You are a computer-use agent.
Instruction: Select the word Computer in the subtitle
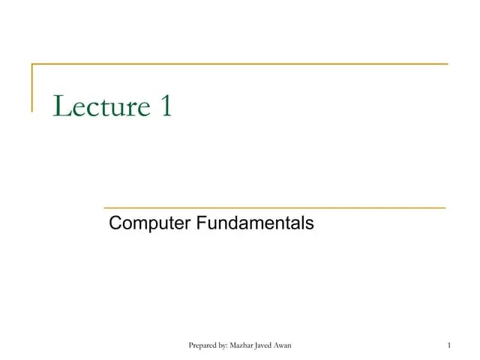[x=149, y=223]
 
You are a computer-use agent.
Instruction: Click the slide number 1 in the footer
[x=447, y=345]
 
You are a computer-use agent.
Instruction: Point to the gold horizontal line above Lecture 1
[x=240, y=64]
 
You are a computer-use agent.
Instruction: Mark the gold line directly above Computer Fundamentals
[x=274, y=206]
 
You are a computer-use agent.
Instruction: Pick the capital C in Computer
[x=115, y=223]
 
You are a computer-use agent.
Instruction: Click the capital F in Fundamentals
[x=201, y=223]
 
